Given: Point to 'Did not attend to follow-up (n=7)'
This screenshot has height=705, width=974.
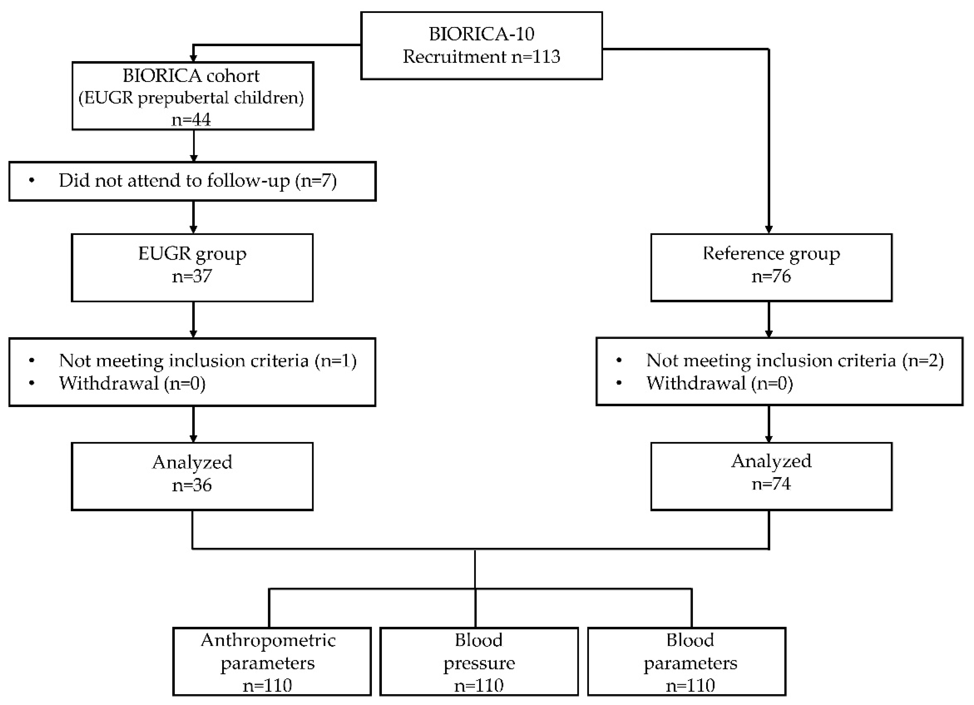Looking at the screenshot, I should pyautogui.click(x=197, y=180).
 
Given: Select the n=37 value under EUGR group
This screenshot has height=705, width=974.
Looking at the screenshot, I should pyautogui.click(x=192, y=276).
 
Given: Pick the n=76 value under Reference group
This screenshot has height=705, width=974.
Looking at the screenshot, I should pyautogui.click(x=771, y=276).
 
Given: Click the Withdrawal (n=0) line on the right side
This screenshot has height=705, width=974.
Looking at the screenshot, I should pyautogui.click(x=719, y=383).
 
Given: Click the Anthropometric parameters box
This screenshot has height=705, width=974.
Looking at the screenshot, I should pyautogui.click(x=272, y=662).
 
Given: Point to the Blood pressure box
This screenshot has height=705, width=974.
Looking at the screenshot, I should pyautogui.click(x=479, y=662).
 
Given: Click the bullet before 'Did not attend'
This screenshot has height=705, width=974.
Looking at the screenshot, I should pyautogui.click(x=32, y=180).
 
